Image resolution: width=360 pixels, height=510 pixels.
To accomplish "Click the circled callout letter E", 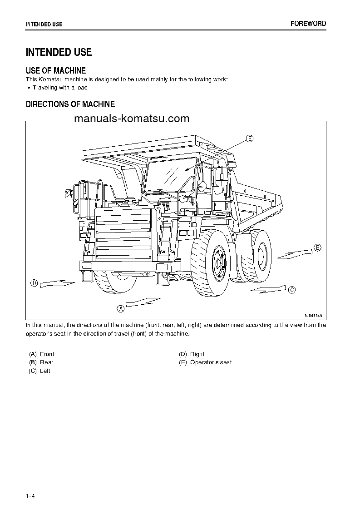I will (x=249, y=139).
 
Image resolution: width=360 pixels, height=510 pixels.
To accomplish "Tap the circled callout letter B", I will (x=317, y=248).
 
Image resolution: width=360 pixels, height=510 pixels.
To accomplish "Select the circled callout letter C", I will (x=292, y=290).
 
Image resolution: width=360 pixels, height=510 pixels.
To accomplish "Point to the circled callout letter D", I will (x=34, y=283).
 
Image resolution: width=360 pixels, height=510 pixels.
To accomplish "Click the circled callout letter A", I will (x=121, y=308).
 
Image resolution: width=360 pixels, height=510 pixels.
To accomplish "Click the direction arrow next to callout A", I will (x=143, y=302).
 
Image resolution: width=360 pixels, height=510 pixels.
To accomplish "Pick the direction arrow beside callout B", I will (x=295, y=253).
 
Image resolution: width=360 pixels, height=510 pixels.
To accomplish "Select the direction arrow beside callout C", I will (x=268, y=289).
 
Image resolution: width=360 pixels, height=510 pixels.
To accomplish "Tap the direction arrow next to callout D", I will (x=57, y=284).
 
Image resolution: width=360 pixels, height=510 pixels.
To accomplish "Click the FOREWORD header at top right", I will (x=308, y=24).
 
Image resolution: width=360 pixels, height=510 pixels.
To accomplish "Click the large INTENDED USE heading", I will (x=59, y=52).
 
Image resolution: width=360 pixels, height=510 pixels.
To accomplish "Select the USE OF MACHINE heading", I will (x=56, y=70).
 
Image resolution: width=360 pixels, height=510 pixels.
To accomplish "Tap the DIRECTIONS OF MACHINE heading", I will (x=70, y=104).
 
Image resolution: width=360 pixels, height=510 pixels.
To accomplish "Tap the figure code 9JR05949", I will (x=313, y=315).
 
